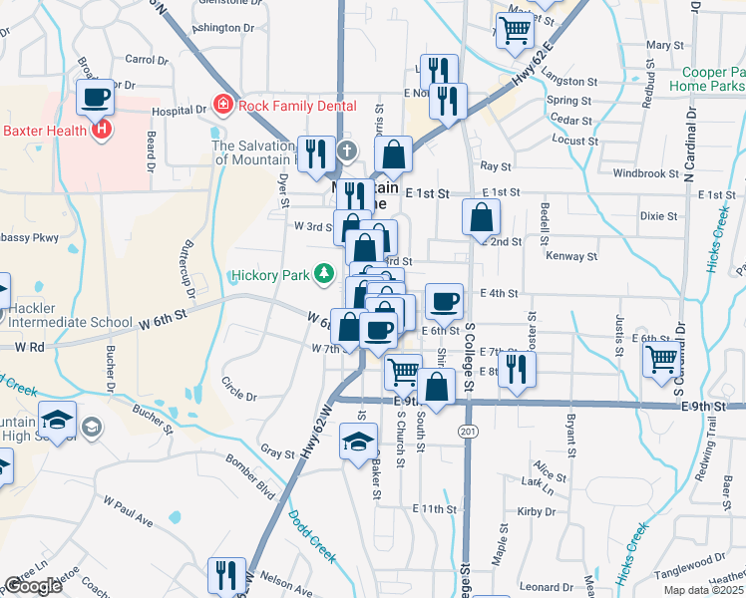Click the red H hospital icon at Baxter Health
[x=100, y=129]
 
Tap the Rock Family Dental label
[x=282, y=103]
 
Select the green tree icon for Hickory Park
[x=323, y=272]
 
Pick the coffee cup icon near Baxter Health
[x=96, y=98]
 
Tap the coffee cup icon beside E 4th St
[x=444, y=300]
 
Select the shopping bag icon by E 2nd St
[x=482, y=216]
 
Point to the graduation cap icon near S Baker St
[x=358, y=441]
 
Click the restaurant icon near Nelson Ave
[x=226, y=575]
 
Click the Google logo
[x=33, y=586]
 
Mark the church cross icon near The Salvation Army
[x=345, y=151]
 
